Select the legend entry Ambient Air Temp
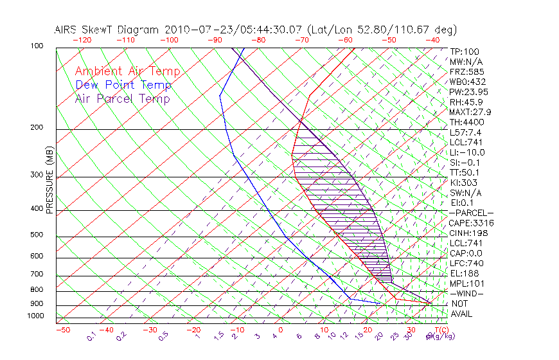click(127, 71)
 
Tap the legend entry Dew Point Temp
click(123, 85)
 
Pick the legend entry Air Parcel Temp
click(122, 98)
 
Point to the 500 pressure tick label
click(36, 235)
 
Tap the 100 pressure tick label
click(36, 46)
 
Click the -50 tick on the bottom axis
click(62, 330)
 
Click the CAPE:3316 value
click(471, 223)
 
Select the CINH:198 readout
click(468, 233)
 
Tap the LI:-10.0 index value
click(467, 152)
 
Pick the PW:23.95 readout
click(468, 92)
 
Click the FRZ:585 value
click(466, 71)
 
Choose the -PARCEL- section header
click(471, 213)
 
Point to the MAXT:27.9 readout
click(470, 112)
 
